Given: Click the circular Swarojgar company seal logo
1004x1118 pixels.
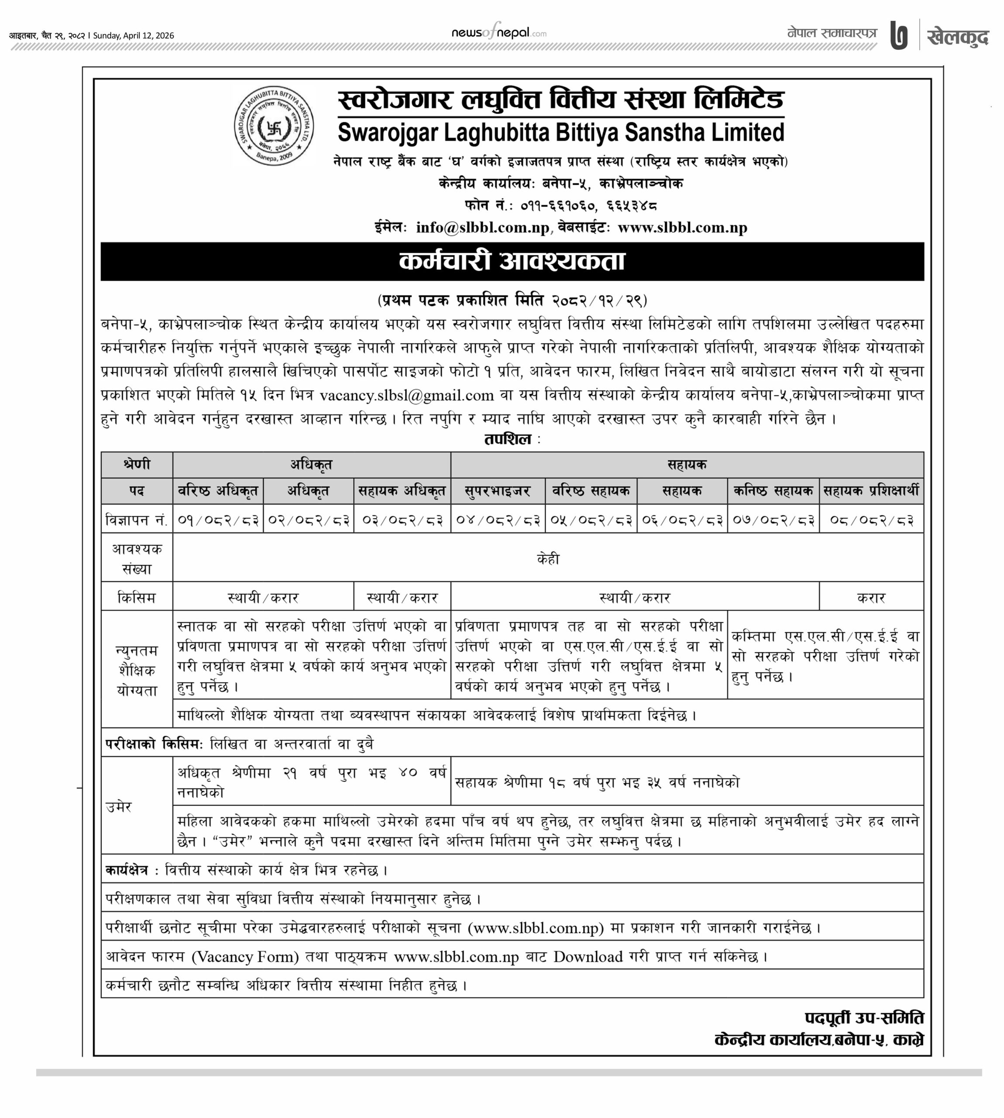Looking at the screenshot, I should [274, 126].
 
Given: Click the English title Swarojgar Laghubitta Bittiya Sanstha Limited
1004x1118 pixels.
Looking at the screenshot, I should [560, 132].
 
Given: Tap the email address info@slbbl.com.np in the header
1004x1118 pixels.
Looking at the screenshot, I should [483, 228].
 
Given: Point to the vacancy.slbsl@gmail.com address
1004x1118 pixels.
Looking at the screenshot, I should [406, 395].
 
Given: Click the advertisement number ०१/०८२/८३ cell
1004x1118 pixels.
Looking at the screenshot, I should [218, 520].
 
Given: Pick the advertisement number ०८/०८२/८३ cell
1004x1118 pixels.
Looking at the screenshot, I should [871, 520].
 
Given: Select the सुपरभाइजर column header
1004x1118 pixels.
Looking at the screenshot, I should [498, 490].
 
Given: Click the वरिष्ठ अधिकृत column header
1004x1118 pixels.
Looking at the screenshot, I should [218, 490].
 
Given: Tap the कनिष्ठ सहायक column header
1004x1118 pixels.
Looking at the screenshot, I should [773, 490].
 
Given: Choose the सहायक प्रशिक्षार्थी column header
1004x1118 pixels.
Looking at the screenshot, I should [871, 490].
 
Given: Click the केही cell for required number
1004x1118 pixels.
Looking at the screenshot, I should [548, 559].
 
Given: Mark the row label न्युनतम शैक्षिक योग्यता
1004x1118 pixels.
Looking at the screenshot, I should [137, 670].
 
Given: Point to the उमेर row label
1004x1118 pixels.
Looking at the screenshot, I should [119, 807].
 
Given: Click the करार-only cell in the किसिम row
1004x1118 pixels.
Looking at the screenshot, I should [871, 597].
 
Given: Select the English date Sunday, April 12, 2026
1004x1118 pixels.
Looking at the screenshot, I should [134, 36].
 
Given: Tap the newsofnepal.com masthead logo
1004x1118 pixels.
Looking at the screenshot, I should [499, 33].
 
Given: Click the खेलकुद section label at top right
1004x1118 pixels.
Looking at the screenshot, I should [958, 37].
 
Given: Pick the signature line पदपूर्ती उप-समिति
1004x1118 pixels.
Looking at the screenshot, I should [864, 1018].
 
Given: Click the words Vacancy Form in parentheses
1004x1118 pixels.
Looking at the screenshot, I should [245, 956].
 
